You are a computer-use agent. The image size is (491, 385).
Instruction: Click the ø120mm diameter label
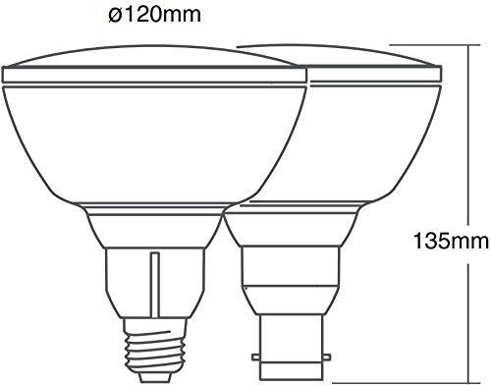[x=154, y=15]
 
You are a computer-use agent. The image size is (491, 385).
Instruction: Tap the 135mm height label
[x=451, y=242]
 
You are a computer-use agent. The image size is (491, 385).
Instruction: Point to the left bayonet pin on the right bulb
[x=255, y=357]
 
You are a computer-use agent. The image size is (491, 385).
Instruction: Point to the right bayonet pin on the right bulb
[x=326, y=357]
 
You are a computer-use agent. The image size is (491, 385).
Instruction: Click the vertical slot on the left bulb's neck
[x=155, y=284]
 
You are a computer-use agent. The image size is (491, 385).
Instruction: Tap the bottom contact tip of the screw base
[x=155, y=378]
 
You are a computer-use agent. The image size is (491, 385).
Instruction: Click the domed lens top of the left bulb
[x=150, y=56]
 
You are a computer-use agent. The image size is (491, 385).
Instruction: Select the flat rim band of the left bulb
[x=154, y=75]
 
